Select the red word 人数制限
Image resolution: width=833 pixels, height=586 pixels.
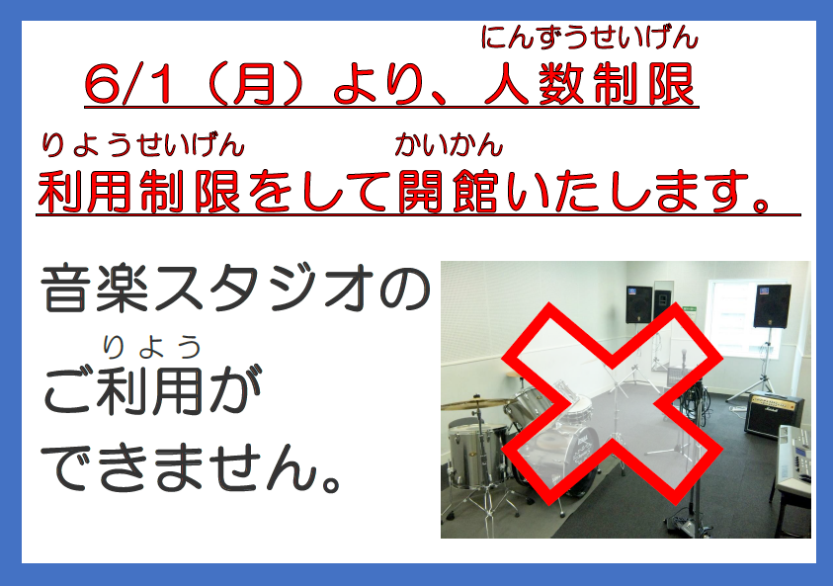[x=590, y=84]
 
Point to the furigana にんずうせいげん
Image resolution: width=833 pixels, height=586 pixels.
[x=589, y=38]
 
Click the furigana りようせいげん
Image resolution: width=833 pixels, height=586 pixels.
[x=142, y=145]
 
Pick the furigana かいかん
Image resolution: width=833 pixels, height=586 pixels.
[x=449, y=145]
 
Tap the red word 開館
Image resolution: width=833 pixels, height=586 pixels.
[x=449, y=191]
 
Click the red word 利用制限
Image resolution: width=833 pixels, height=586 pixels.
[x=138, y=191]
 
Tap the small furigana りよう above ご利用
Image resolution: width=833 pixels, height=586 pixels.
[x=152, y=347]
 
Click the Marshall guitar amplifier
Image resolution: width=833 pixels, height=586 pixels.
[x=774, y=414]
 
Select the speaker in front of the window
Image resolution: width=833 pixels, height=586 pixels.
[x=772, y=305]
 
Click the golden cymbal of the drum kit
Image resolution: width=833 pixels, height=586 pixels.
[x=477, y=404]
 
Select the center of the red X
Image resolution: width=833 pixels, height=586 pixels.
[x=612, y=404]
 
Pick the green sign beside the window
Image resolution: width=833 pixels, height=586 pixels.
[x=690, y=308]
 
